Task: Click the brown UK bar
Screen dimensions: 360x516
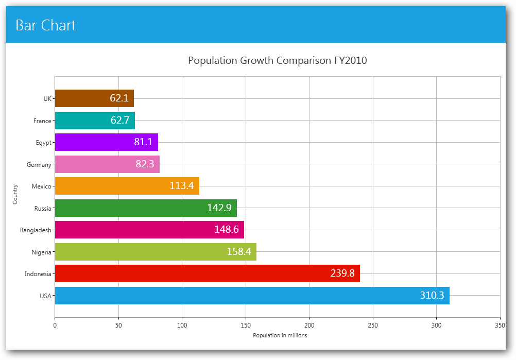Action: click(x=82, y=98)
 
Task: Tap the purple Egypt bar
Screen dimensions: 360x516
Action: click(x=93, y=142)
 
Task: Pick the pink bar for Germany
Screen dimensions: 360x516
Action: click(x=93, y=164)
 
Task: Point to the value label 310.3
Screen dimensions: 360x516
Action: click(x=432, y=296)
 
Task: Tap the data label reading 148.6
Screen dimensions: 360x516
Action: click(x=227, y=230)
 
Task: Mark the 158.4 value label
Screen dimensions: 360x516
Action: click(x=239, y=252)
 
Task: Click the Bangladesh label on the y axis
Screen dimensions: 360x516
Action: click(x=36, y=230)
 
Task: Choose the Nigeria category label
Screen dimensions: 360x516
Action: click(x=41, y=252)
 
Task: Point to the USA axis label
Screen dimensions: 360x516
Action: click(x=45, y=296)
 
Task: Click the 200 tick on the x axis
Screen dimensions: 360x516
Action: click(x=309, y=325)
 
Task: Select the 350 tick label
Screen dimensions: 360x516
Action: click(x=500, y=325)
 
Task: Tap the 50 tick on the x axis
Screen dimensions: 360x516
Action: click(x=118, y=325)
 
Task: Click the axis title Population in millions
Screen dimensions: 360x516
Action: click(x=280, y=335)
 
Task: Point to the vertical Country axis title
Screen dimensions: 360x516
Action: click(x=15, y=194)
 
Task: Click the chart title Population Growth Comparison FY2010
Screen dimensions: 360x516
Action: click(x=277, y=60)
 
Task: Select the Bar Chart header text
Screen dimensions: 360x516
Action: click(x=46, y=25)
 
